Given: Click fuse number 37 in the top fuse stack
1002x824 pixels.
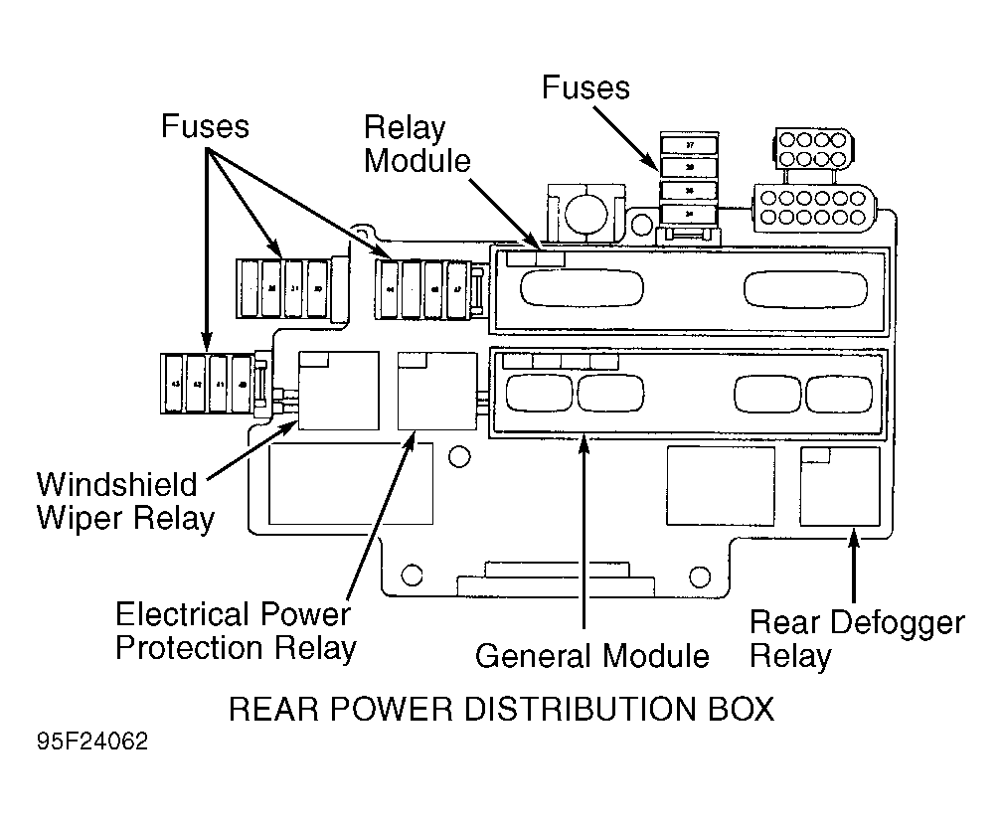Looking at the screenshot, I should click(x=690, y=145).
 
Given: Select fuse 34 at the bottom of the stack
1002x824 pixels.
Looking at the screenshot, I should click(x=690, y=213).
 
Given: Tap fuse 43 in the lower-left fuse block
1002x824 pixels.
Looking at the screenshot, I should click(x=174, y=383).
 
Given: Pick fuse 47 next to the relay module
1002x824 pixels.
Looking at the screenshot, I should click(x=456, y=289).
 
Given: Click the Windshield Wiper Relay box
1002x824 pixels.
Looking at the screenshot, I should click(x=338, y=390).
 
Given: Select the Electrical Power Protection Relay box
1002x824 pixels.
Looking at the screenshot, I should click(x=436, y=390).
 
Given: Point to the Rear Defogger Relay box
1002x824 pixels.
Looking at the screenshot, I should click(x=840, y=486).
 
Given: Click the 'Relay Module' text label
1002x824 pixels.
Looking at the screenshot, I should click(x=417, y=143).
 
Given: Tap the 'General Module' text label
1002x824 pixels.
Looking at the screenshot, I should click(x=591, y=656).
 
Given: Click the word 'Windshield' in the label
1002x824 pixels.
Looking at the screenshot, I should click(x=117, y=485).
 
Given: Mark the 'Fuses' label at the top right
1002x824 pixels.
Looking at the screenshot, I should click(x=585, y=87).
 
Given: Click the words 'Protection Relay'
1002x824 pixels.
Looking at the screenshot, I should click(x=236, y=648).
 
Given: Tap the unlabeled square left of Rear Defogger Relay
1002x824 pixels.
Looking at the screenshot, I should click(x=720, y=486).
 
